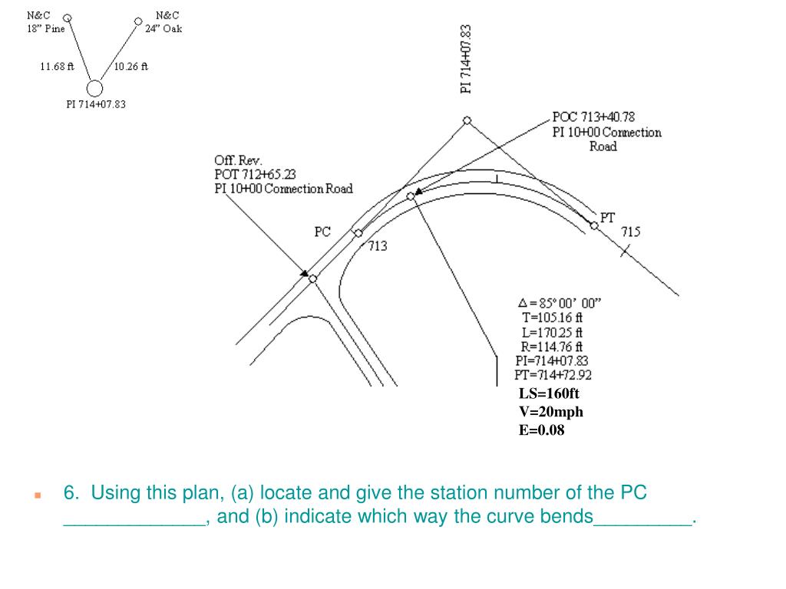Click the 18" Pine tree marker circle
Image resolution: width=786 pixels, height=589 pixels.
[68, 18]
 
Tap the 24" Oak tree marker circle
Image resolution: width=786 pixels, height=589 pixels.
[138, 21]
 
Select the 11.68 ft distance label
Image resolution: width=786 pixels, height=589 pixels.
[57, 66]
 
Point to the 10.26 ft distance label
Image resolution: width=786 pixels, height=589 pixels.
[131, 66]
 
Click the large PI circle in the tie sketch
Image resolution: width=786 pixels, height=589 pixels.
[94, 88]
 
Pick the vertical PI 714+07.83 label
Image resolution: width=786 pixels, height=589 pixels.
[466, 59]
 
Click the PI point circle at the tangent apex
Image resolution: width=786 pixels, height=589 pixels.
[467, 120]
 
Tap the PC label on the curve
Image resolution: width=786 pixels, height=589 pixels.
[322, 232]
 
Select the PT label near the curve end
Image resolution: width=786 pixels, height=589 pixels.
[607, 218]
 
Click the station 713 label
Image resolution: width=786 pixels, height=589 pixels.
[378, 246]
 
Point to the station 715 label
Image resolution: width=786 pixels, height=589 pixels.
[631, 232]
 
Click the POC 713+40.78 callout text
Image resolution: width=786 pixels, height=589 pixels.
[593, 117]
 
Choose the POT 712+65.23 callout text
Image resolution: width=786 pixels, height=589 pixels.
[255, 174]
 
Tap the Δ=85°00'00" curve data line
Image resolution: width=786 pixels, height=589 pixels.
[560, 303]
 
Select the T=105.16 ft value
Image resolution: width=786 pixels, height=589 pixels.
[553, 318]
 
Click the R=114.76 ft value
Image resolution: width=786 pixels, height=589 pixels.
[551, 347]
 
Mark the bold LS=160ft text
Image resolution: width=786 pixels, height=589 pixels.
[549, 393]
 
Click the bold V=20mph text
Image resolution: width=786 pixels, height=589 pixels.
[551, 412]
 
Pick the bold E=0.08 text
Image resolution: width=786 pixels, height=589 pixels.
[541, 430]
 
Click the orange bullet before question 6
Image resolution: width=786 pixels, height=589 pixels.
[38, 495]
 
